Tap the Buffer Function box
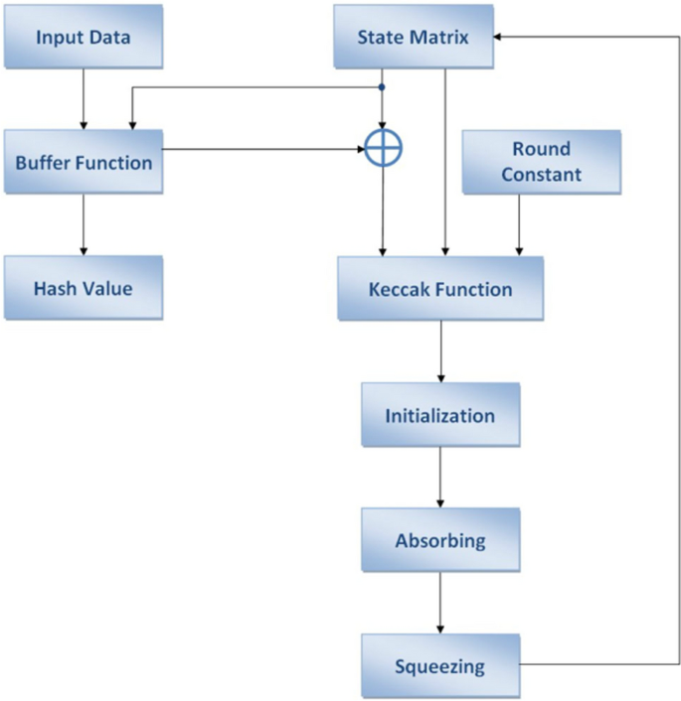[x=84, y=162]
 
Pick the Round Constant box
[x=541, y=162]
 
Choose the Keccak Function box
[x=440, y=290]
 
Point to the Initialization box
[x=439, y=415]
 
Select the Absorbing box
[x=439, y=541]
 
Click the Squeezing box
[x=439, y=665]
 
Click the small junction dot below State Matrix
[x=383, y=87]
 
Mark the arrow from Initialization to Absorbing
[x=440, y=478]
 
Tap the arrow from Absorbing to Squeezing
[x=440, y=604]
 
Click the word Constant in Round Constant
[x=541, y=175]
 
